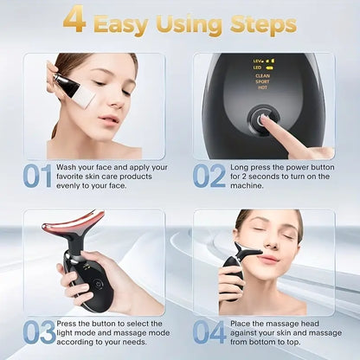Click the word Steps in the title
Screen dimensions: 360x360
(x=263, y=25)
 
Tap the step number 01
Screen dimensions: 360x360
(x=37, y=176)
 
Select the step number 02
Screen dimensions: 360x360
(x=209, y=176)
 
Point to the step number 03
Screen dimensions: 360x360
(x=39, y=332)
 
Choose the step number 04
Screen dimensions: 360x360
(x=209, y=332)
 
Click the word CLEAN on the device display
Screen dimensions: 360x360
(x=262, y=76)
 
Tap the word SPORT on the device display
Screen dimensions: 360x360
(x=262, y=81)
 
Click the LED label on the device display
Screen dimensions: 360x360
(x=257, y=67)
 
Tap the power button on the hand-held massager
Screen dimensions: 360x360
(x=99, y=284)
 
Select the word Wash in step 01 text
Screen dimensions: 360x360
(x=66, y=167)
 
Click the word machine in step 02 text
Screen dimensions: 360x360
(x=247, y=185)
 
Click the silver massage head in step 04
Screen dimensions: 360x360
(x=247, y=251)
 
